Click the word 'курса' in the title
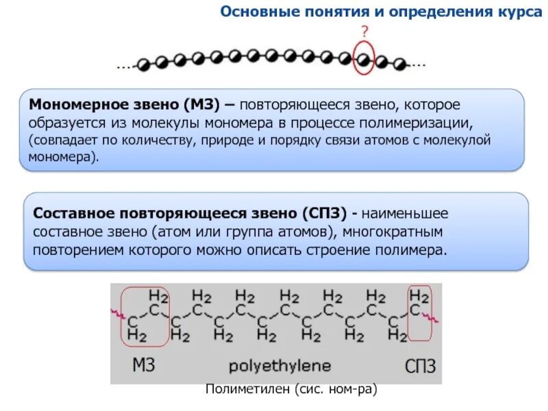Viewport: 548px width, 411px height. coord(520,12)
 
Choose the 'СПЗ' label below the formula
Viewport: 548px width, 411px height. coord(419,365)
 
